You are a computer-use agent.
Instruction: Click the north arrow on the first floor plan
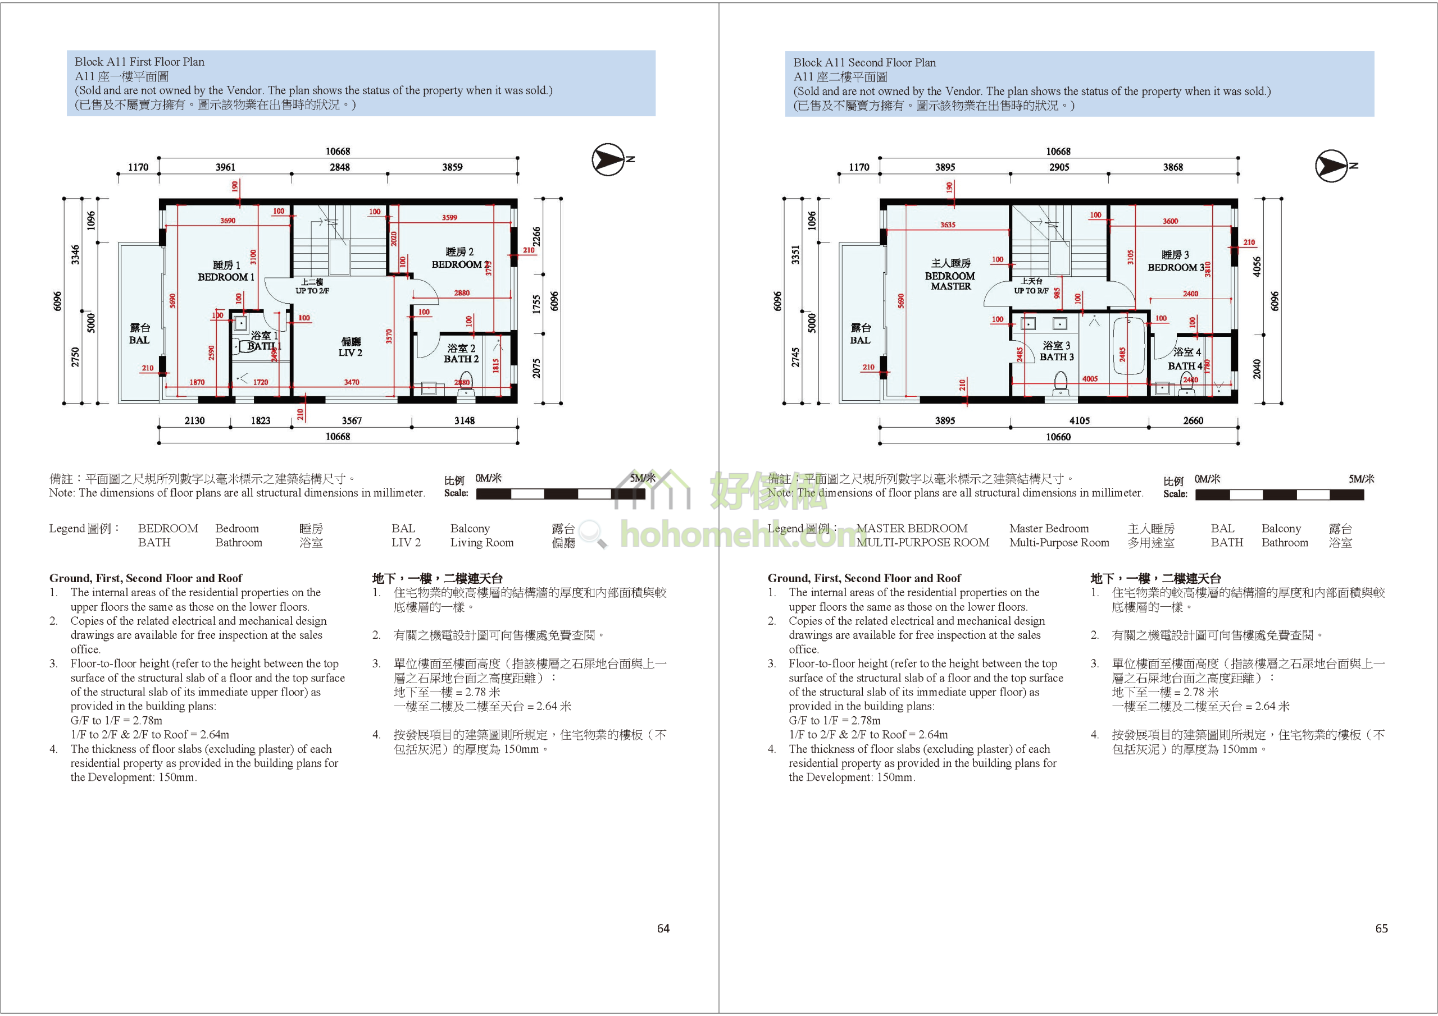[x=609, y=159]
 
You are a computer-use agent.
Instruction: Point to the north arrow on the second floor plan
[x=1331, y=166]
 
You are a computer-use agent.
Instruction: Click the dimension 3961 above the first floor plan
[x=225, y=167]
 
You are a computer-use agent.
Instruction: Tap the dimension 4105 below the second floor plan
[x=1079, y=420]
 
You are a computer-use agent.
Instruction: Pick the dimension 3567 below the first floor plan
[x=352, y=420]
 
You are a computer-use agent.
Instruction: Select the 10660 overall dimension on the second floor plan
[x=1058, y=437]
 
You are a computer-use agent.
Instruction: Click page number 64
[x=663, y=928]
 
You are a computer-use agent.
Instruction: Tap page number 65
[x=1382, y=928]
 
